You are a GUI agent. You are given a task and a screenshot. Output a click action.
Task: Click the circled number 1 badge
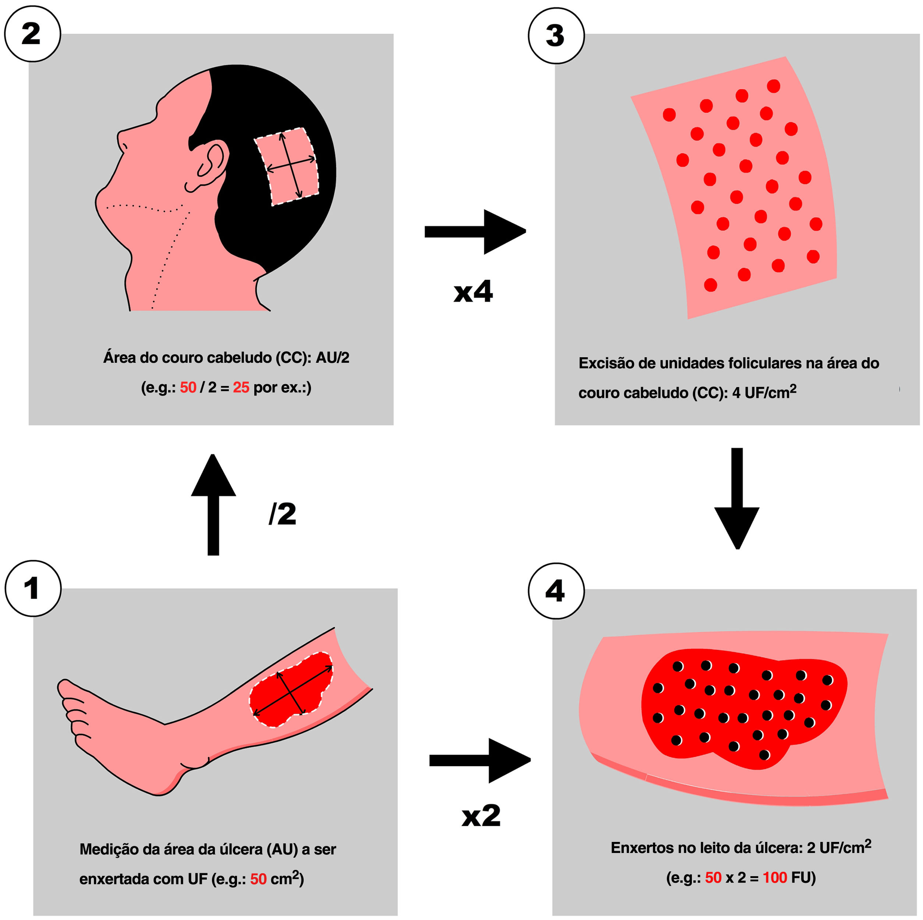pos(33,588)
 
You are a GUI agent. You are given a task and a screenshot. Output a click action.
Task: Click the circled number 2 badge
pos(32,34)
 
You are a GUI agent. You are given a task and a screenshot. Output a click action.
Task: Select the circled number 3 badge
pos(556,35)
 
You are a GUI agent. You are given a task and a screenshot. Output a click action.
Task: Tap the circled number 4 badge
pos(556,591)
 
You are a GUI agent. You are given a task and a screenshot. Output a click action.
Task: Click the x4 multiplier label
pos(473,291)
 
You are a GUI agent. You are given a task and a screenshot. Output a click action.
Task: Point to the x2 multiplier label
pos(481,815)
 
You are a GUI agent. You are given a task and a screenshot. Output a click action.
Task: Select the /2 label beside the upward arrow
pos(282,514)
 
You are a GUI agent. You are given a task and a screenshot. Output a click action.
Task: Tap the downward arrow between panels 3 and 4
pos(737,497)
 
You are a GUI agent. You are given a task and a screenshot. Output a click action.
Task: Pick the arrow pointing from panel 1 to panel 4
pos(480,760)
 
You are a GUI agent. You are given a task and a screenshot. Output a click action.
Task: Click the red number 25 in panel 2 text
pos(241,387)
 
